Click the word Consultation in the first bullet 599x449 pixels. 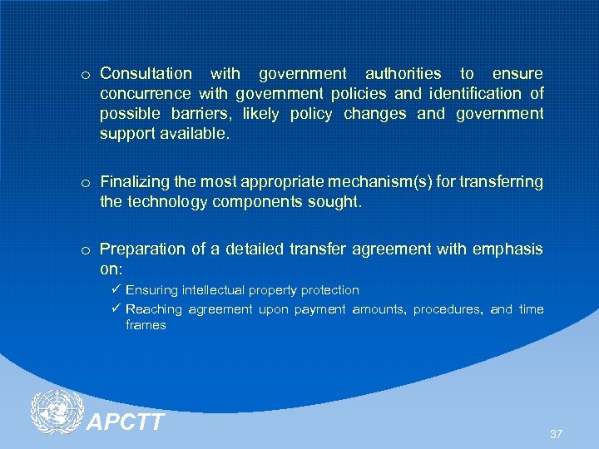click(x=146, y=74)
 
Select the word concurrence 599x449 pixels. click(x=144, y=94)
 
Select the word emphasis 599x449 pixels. click(x=512, y=249)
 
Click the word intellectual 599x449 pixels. click(x=212, y=290)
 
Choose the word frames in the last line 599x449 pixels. click(x=146, y=325)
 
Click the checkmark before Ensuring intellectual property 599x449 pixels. click(x=116, y=289)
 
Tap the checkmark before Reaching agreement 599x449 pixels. click(x=116, y=308)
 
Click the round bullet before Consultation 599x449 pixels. click(x=86, y=75)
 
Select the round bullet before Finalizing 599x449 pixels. click(x=86, y=182)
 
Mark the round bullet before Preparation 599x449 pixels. click(x=86, y=249)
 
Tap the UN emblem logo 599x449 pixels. click(x=56, y=412)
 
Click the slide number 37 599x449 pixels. click(x=557, y=434)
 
